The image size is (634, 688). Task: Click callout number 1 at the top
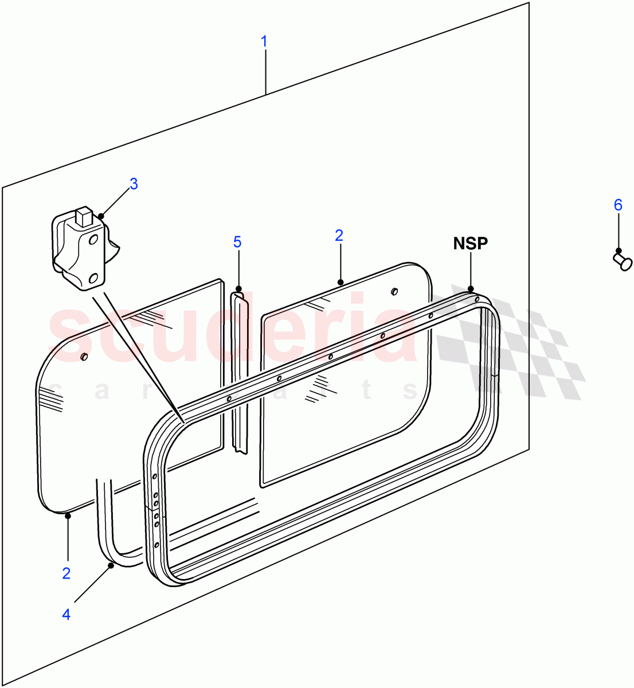coord(264,41)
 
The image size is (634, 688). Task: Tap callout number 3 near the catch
coord(134,184)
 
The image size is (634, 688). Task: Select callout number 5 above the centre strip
coord(237,242)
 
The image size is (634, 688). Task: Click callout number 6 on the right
coord(618,205)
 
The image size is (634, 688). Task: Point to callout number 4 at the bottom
coord(66,614)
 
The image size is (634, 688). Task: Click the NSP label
coord(470,243)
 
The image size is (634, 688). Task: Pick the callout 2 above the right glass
coord(339,235)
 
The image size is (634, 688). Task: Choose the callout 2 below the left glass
coord(66,573)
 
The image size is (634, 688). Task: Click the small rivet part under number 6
coord(620,259)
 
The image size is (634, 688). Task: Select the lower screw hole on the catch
coord(94,279)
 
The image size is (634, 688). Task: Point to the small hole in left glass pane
coord(84,357)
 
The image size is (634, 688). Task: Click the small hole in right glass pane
coord(394,291)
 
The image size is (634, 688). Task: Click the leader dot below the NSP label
coord(471,289)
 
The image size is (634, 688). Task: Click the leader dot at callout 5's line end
coord(238,289)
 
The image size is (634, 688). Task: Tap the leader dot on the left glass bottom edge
coord(68,515)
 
